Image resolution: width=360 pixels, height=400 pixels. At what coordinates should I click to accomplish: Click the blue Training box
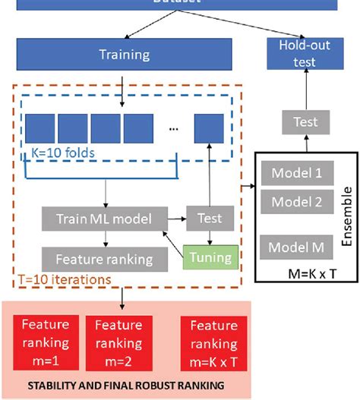[x=124, y=54]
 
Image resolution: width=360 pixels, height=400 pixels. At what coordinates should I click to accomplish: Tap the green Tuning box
[x=210, y=257]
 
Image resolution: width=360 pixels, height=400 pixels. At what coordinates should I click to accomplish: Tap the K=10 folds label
[x=63, y=152]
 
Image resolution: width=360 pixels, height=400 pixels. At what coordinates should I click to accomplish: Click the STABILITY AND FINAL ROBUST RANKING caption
[x=125, y=386]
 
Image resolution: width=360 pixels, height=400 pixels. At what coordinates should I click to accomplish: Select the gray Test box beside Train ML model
[x=209, y=219]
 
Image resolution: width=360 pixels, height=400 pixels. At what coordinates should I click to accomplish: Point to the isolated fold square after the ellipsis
[x=209, y=127]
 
